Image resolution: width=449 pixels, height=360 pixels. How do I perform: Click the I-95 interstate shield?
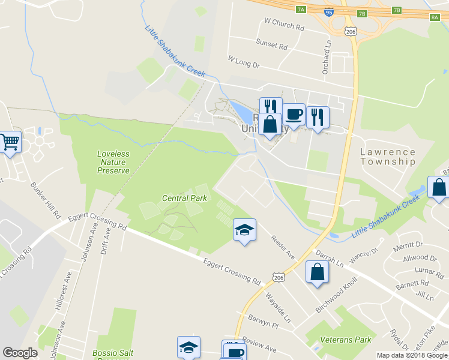345,11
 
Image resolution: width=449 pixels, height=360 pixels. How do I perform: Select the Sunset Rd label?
272,46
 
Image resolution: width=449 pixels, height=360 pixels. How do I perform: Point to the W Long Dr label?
244,62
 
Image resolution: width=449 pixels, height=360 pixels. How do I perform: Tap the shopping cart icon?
10,142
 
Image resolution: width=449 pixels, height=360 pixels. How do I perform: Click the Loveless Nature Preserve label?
113,162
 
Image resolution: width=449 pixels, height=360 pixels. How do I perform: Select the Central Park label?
184,198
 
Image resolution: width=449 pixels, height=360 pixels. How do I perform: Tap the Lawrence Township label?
387,157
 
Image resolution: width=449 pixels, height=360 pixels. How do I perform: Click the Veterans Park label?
345,340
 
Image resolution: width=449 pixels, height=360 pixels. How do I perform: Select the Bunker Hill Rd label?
47,200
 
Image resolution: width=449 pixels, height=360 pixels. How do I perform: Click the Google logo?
20,353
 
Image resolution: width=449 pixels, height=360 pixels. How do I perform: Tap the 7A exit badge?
301,9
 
